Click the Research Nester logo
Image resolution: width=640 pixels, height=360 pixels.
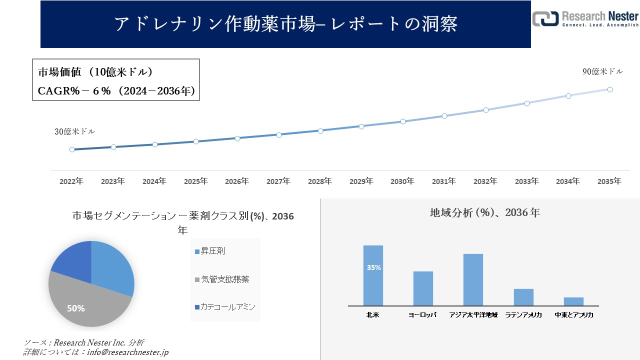click(x=585, y=18)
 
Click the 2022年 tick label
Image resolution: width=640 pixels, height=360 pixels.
click(x=71, y=181)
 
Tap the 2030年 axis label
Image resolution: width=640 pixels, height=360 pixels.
click(x=402, y=181)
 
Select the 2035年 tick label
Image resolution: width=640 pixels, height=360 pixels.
click(x=609, y=181)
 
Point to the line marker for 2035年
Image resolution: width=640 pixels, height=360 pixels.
click(x=610, y=89)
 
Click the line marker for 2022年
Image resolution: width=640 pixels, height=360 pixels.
click(x=72, y=149)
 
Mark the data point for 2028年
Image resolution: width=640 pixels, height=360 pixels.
click(x=320, y=130)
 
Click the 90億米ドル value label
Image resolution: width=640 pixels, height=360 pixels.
click(x=602, y=71)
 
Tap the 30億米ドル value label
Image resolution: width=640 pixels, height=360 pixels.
click(x=74, y=132)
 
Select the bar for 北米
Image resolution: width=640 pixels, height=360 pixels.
click(x=373, y=275)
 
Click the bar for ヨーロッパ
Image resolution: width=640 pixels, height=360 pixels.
click(x=423, y=288)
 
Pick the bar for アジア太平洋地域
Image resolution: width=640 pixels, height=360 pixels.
click(x=473, y=279)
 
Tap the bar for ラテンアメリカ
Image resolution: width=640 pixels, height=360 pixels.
click(x=523, y=297)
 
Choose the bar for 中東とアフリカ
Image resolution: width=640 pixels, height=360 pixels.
click(x=573, y=301)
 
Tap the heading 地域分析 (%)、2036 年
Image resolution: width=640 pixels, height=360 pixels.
click(x=484, y=212)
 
